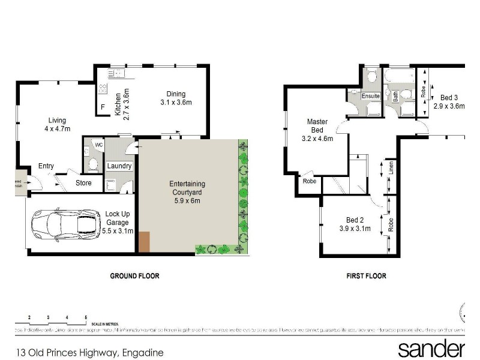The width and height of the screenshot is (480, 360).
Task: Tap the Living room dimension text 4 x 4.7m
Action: pos(58,128)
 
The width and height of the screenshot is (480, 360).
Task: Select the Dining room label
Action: pos(176,94)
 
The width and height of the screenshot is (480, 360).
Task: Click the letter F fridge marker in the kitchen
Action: pos(103,107)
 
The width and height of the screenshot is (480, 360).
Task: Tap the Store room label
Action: pos(83,183)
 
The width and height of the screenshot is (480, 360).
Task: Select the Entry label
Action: pos(46,166)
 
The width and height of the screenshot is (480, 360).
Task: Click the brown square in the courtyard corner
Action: pos(145,241)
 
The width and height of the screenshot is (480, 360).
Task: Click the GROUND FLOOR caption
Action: pos(134,276)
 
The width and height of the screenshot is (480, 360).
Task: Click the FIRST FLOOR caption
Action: pos(366,276)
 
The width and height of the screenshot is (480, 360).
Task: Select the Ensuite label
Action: pos(370,96)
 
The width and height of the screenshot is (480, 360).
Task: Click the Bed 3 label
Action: pos(449,97)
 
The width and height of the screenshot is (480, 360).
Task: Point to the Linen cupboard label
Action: pos(390,167)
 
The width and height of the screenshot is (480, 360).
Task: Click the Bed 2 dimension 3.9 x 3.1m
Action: pos(356,229)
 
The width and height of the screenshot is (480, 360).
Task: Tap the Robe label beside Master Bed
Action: pos(310,181)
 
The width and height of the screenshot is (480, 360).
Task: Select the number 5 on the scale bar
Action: pos(86,316)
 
